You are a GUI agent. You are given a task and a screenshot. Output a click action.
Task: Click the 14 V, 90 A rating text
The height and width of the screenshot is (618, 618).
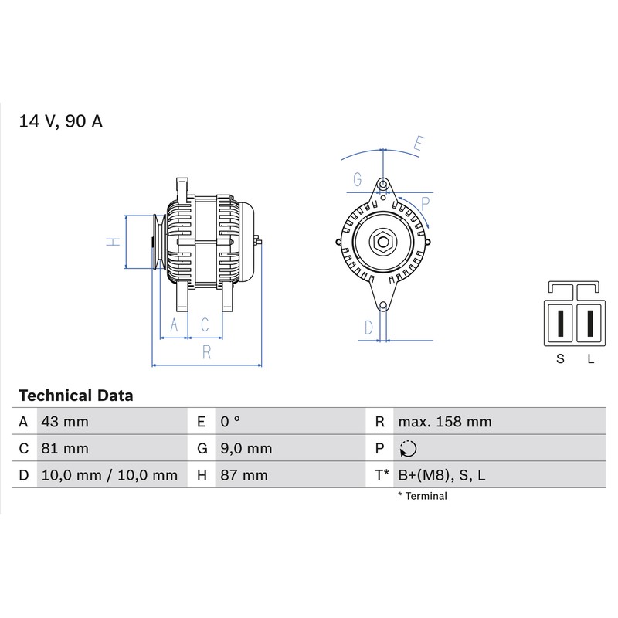coord(61,121)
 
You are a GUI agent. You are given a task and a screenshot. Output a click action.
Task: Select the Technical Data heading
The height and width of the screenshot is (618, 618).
coord(76,396)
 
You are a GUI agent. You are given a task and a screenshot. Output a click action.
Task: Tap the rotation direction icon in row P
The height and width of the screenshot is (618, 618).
coord(408,449)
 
